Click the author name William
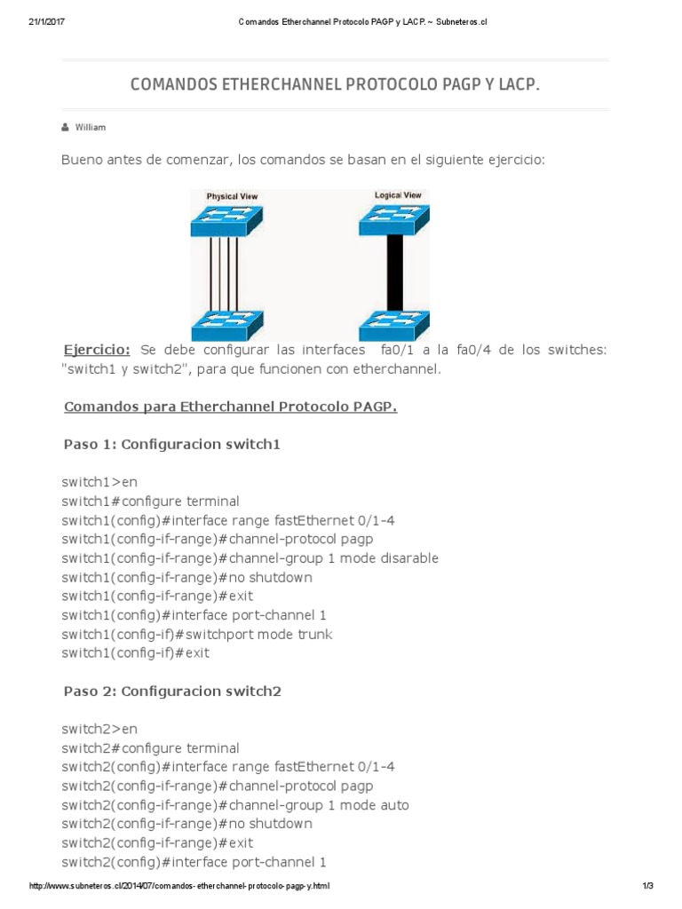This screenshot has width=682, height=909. [x=90, y=127]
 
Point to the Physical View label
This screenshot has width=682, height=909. [x=233, y=196]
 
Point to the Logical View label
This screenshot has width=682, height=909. [x=398, y=194]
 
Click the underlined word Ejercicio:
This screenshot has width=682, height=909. [x=98, y=350]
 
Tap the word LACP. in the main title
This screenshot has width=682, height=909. [x=519, y=84]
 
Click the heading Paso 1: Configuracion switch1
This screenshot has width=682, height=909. [x=172, y=444]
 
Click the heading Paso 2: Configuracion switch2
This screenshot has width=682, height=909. [x=172, y=690]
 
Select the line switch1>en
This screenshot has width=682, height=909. [x=99, y=482]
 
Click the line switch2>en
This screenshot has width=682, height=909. [x=99, y=729]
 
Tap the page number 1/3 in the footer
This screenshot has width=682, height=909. [x=646, y=886]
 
